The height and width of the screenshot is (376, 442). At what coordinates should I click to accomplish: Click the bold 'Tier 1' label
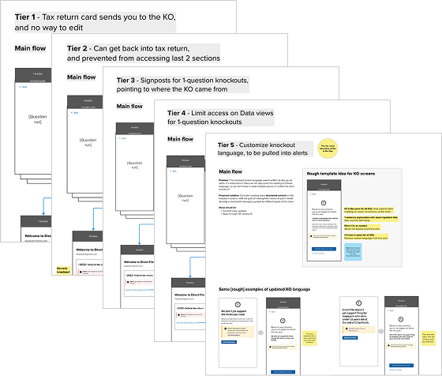click(28, 17)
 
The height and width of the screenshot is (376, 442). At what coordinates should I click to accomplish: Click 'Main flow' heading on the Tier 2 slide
click(81, 77)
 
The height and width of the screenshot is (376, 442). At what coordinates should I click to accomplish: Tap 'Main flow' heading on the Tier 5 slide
click(235, 171)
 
